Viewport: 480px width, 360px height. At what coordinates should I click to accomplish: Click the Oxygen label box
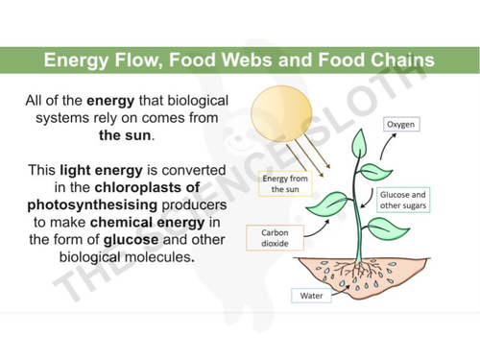coord(404,125)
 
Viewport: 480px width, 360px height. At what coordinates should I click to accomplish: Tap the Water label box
coord(311,296)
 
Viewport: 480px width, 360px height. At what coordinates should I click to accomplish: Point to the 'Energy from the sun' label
coord(284,184)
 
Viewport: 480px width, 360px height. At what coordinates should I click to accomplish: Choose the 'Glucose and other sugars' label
coord(403,200)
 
